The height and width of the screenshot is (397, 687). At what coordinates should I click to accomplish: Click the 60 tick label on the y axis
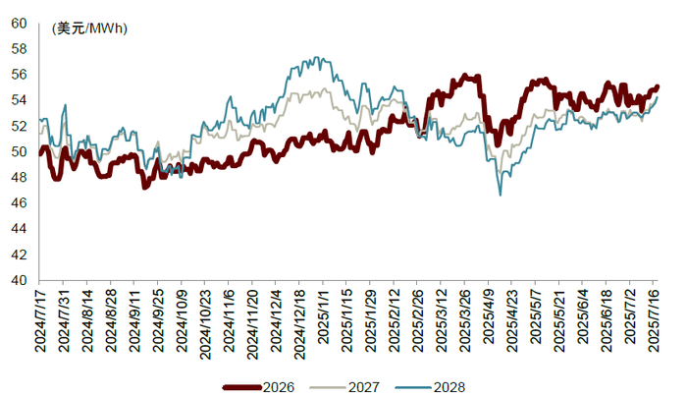pyautogui.click(x=19, y=23)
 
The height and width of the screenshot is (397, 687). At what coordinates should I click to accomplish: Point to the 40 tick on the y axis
pyautogui.click(x=19, y=280)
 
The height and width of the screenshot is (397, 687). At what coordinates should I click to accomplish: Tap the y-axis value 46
pyautogui.click(x=19, y=202)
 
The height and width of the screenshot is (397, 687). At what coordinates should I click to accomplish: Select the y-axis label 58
pyautogui.click(x=19, y=49)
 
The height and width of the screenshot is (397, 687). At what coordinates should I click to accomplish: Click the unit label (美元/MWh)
pyautogui.click(x=89, y=28)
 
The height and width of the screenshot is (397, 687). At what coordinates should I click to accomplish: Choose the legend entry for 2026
pyautogui.click(x=258, y=387)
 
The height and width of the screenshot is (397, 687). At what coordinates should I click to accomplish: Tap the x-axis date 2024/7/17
pyautogui.click(x=40, y=320)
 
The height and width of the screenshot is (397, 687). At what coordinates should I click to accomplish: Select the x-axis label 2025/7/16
pyautogui.click(x=654, y=320)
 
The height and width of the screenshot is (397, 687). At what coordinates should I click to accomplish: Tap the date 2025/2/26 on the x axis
pyautogui.click(x=418, y=320)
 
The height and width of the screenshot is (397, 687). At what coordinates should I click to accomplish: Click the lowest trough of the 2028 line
pyautogui.click(x=501, y=196)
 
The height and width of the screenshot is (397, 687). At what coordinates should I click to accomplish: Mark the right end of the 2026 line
pyautogui.click(x=658, y=86)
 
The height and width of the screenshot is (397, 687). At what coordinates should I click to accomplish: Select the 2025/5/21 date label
pyautogui.click(x=559, y=320)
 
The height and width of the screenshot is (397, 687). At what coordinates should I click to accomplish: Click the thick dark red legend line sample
pyautogui.click(x=242, y=387)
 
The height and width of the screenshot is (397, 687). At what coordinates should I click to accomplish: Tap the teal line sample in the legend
pyautogui.click(x=414, y=387)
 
